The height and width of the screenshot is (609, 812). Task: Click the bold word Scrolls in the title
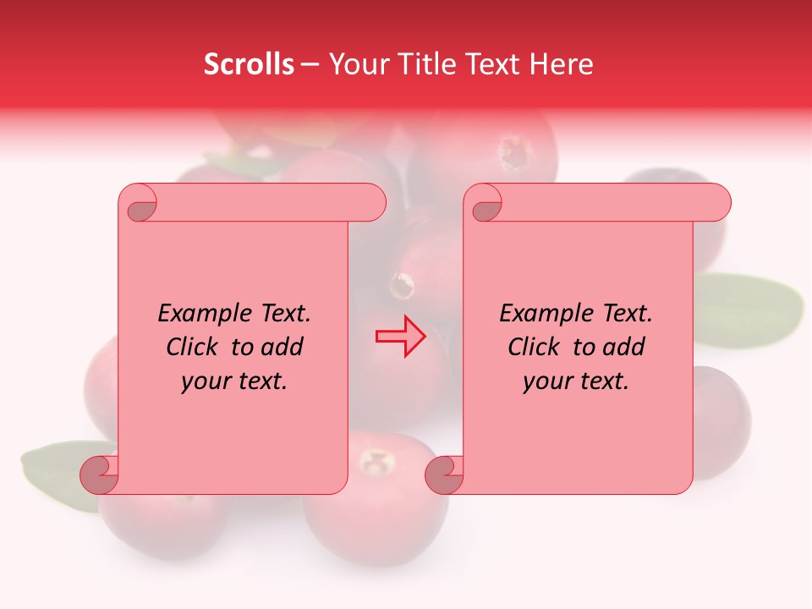tap(249, 64)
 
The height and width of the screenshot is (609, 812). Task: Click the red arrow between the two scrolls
tap(401, 336)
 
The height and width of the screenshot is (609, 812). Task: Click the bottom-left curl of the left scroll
tap(100, 475)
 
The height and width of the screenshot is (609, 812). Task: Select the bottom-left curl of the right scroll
tap(445, 475)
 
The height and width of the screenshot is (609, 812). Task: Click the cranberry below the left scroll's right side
tap(376, 499)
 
